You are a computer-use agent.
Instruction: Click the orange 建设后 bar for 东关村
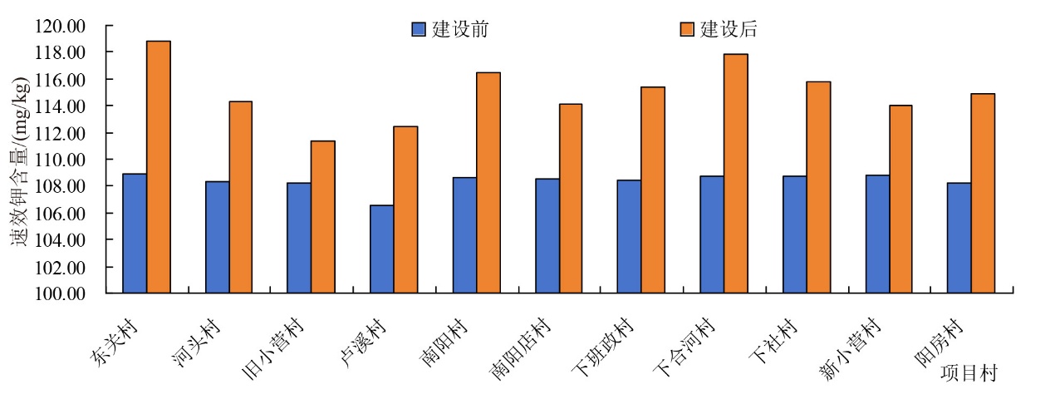click(159, 166)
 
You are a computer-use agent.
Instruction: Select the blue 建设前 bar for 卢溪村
click(382, 249)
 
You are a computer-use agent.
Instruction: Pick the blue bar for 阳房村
click(959, 238)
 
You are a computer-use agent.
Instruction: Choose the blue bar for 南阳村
click(465, 234)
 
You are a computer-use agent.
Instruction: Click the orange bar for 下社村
click(818, 187)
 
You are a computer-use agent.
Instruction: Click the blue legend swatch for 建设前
click(419, 29)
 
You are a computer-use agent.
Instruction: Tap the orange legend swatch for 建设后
click(687, 29)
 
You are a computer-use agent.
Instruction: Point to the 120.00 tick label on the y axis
click(60, 26)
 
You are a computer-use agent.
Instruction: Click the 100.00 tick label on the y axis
click(60, 293)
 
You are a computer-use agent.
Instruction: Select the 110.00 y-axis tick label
click(60, 160)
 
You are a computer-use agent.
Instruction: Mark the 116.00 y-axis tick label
click(60, 80)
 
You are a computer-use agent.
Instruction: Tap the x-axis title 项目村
click(969, 372)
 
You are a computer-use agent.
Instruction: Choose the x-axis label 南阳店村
click(519, 349)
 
